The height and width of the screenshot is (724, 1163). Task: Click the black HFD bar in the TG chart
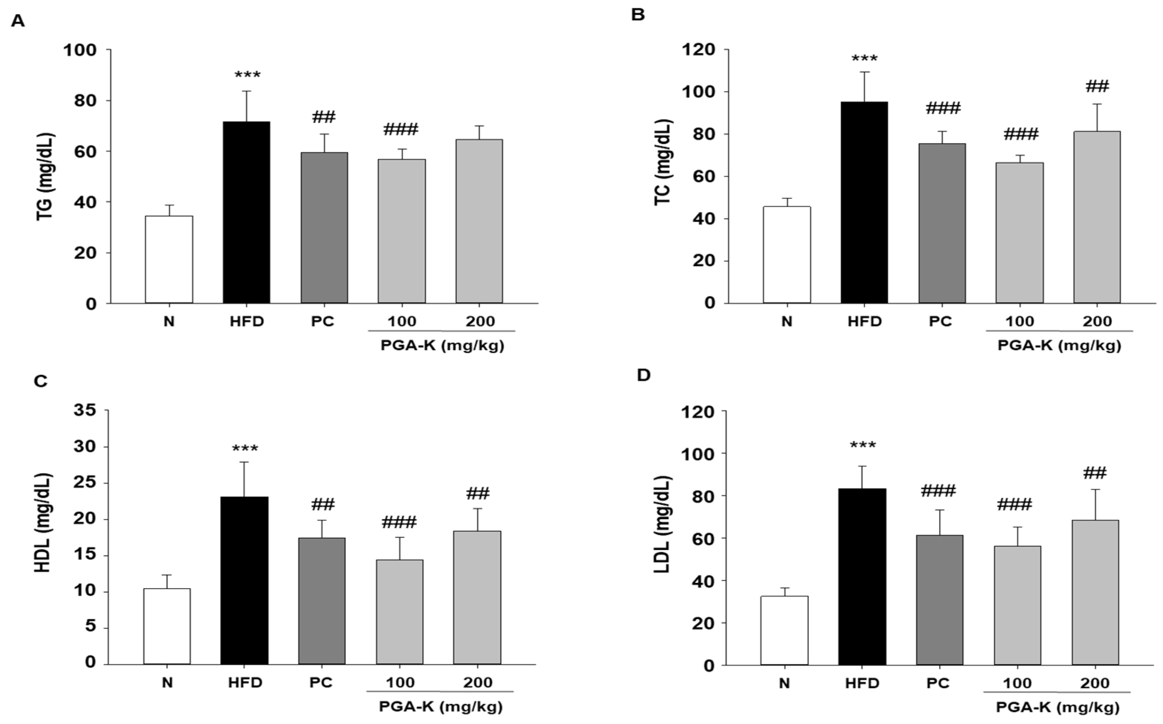click(246, 213)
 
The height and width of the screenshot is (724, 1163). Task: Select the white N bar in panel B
click(786, 255)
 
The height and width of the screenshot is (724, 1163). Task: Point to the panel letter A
click(18, 21)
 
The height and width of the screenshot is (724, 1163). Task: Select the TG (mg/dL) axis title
click(45, 177)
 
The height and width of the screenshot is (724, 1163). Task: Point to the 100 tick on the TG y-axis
click(80, 50)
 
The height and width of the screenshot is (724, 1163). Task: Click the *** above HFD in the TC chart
click(864, 59)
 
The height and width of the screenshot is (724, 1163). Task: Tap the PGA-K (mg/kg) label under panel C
click(440, 706)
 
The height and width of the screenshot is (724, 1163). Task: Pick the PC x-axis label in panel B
click(941, 321)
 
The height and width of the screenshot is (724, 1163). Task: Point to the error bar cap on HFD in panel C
click(244, 462)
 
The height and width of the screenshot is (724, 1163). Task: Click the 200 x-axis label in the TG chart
click(480, 321)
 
